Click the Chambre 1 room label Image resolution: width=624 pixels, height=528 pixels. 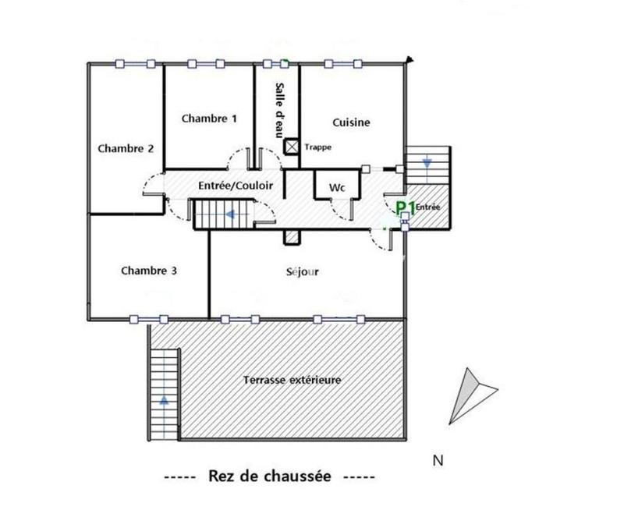coord(209,119)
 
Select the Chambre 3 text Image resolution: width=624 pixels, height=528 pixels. coord(149,271)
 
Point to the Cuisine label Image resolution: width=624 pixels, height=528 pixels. coord(351,122)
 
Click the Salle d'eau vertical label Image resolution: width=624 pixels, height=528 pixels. coord(278,110)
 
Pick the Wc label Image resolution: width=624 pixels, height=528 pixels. coord(337,188)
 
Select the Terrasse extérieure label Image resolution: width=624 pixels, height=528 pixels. coord(292,380)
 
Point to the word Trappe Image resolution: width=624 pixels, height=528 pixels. coord(317,147)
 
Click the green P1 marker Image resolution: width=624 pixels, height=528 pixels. coord(404,207)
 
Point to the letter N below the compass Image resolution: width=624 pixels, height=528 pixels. coord(438,460)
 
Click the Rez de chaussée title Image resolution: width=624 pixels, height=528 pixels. coord(269,476)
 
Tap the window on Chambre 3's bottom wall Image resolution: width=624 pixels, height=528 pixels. coord(148,318)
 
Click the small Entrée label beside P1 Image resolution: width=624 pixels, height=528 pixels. coord(427,207)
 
